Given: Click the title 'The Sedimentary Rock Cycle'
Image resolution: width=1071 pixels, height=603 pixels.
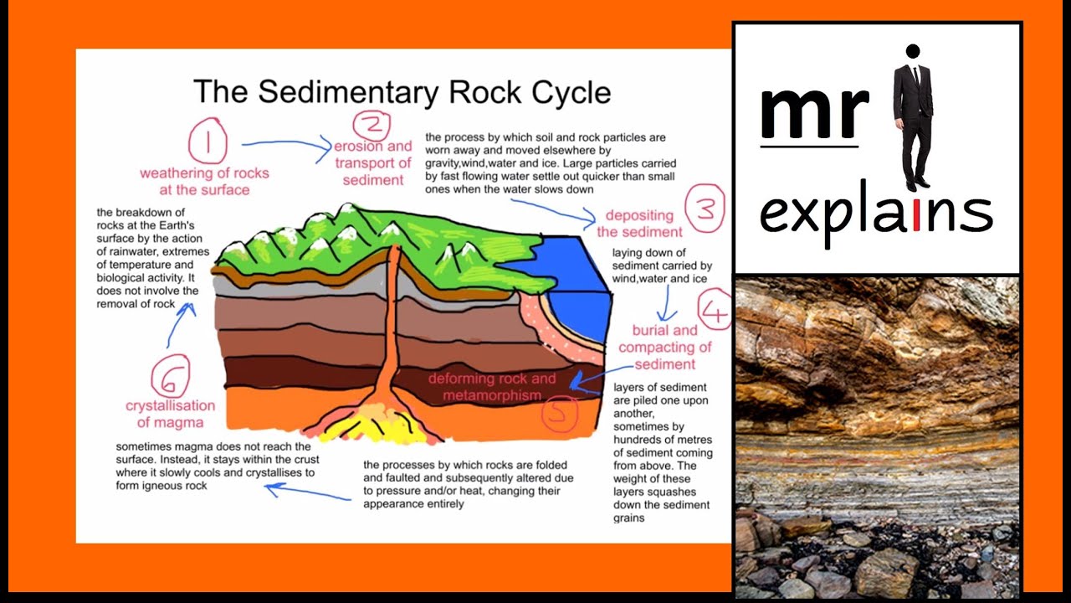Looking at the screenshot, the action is click(402, 91).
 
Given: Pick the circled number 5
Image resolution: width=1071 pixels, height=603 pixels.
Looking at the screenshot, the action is click(559, 413).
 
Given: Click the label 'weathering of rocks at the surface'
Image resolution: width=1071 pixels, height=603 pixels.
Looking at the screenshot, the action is click(204, 181).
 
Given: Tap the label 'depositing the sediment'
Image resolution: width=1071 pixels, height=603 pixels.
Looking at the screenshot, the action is click(640, 224).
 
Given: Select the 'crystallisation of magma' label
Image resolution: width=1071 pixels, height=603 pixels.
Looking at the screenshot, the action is click(171, 414).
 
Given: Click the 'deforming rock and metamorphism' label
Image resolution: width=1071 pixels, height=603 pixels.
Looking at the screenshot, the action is click(491, 387).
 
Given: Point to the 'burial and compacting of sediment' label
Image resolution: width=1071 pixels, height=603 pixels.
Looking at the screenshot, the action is click(665, 348).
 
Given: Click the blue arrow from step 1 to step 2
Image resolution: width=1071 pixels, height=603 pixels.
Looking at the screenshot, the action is click(289, 148).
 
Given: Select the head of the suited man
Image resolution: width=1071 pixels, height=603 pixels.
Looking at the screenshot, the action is click(913, 52).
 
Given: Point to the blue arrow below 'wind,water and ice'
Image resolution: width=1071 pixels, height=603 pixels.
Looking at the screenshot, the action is click(667, 304).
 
